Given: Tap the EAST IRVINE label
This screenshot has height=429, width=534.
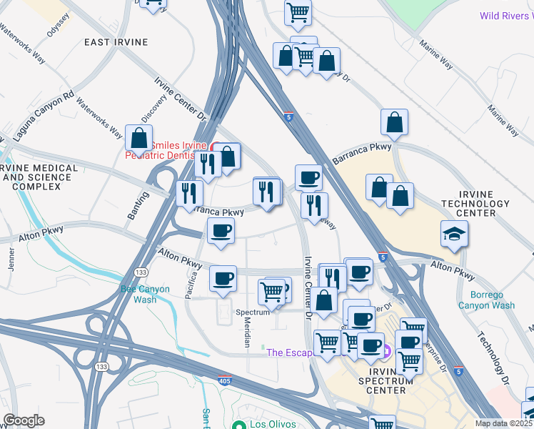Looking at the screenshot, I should (116, 42).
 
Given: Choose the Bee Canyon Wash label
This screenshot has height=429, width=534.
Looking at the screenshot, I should (145, 295).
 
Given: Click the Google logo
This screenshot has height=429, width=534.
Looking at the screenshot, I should (24, 420).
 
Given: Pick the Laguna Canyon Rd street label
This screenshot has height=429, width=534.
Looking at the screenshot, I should (44, 115).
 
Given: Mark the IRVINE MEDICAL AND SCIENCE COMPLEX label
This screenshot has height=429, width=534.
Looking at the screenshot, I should (39, 177).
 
